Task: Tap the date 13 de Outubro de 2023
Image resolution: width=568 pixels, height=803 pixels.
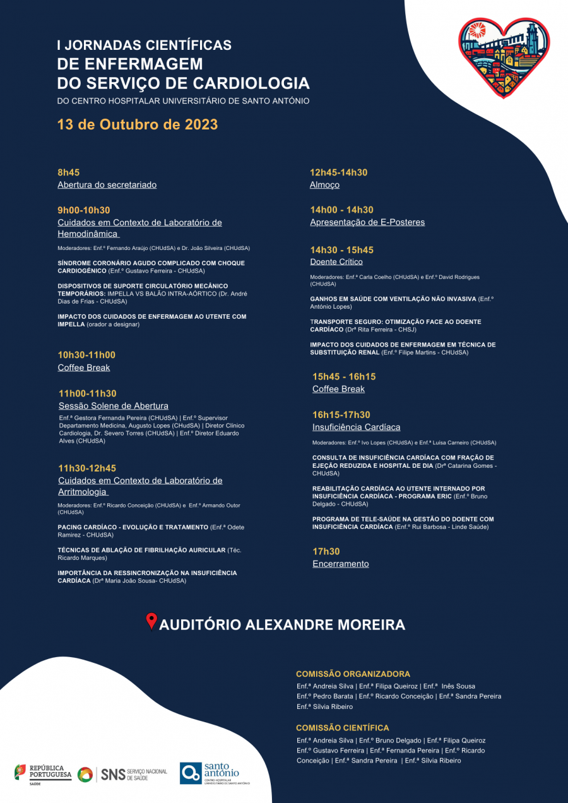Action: coord(138,124)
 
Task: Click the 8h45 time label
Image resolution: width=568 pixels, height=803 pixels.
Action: coord(69,172)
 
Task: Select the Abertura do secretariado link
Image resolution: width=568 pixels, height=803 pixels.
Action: coord(107,185)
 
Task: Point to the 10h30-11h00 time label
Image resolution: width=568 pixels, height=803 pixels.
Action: coord(86,355)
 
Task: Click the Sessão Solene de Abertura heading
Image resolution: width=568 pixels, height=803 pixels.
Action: coord(114,406)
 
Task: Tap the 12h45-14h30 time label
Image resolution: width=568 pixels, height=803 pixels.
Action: coord(338,172)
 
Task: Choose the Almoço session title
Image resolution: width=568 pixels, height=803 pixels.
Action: coord(324,185)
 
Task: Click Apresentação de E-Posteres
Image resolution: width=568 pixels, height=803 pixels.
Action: coord(367,222)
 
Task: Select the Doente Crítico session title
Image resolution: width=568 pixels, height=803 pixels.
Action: coord(336,261)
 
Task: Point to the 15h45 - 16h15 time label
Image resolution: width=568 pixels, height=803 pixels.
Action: coord(344,377)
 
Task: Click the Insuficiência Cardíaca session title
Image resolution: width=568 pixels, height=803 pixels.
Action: coord(356,427)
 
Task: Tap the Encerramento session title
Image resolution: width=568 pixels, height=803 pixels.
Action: coord(341,564)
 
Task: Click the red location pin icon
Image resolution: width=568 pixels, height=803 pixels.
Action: coord(151,622)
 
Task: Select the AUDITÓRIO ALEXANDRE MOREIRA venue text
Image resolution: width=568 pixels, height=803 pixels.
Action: coord(282,625)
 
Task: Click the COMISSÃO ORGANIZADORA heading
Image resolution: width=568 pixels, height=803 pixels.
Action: coord(353,674)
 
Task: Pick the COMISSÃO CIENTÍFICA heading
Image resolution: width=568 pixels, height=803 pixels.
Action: coord(343,728)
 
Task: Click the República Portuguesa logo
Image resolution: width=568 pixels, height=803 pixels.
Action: coord(43,773)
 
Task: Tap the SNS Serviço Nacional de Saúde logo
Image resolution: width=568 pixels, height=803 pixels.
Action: coord(122,774)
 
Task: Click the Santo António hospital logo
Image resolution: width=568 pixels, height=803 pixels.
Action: coord(214,773)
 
